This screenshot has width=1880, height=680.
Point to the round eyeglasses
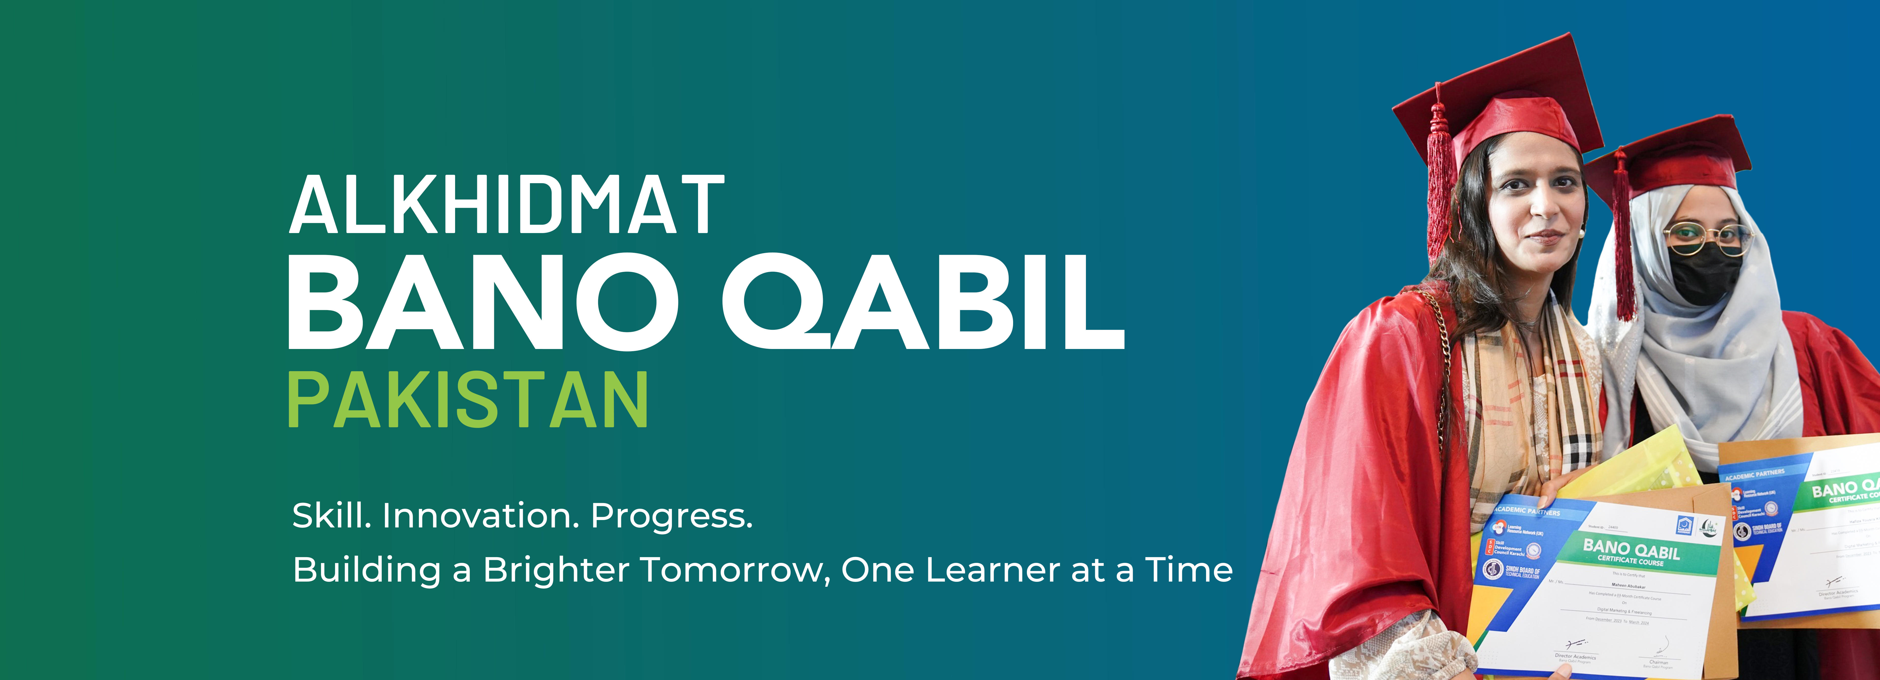[x=1708, y=237]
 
